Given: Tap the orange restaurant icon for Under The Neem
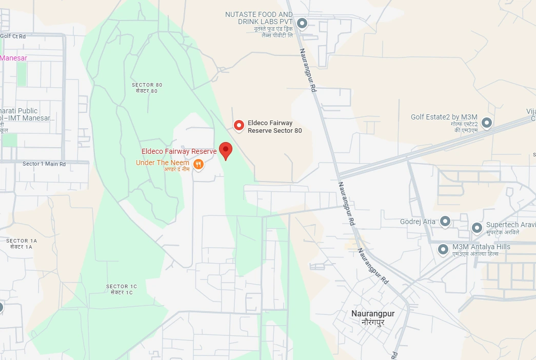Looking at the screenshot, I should [x=198, y=164].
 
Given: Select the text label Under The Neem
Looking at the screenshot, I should [x=162, y=163].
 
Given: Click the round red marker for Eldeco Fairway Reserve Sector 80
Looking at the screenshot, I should [x=239, y=125].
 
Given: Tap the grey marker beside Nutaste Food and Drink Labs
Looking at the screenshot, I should [x=302, y=23].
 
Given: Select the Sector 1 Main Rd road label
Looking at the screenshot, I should [x=44, y=164].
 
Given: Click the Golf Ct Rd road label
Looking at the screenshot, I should [x=13, y=36].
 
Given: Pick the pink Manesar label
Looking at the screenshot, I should [x=14, y=58].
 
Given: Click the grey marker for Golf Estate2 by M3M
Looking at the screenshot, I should [x=487, y=123].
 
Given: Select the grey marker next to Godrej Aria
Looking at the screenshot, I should [x=445, y=222].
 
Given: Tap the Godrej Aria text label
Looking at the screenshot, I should [x=418, y=222].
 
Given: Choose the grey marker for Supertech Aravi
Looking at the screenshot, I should [x=477, y=227].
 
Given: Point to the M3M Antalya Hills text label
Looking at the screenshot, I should [x=481, y=247].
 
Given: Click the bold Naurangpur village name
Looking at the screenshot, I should [x=373, y=313].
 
